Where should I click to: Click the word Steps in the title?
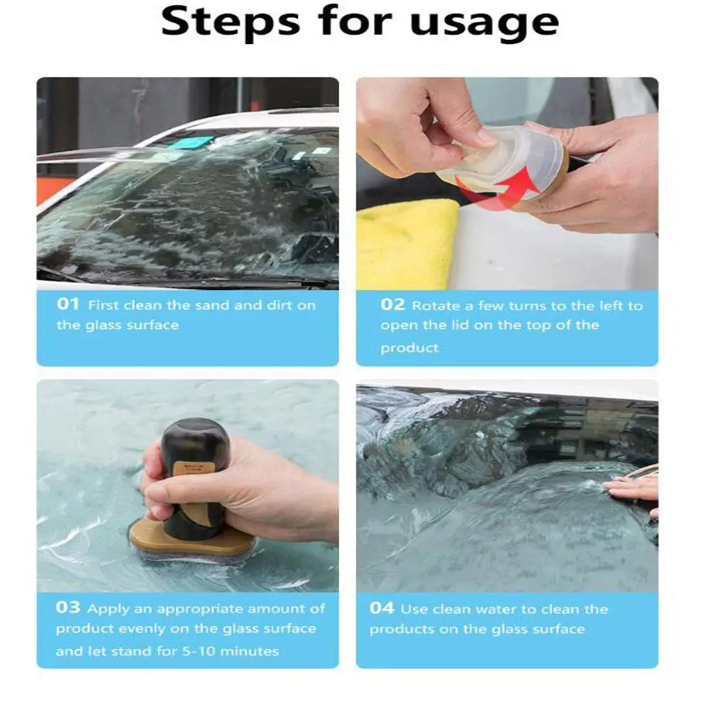tap(230, 22)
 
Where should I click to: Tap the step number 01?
tap(68, 304)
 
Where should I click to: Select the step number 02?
tap(392, 304)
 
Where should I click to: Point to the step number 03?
tap(68, 607)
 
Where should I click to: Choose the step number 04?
tap(382, 608)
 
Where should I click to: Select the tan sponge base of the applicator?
tap(191, 540)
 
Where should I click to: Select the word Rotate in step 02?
tap(436, 306)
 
